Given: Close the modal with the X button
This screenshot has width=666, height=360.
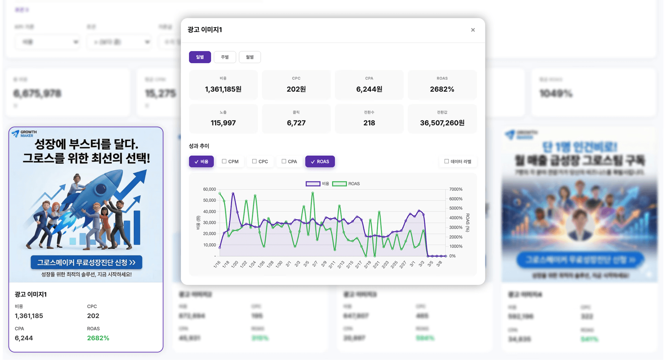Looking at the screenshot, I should [473, 30].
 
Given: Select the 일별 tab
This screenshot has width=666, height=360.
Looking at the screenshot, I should [200, 57].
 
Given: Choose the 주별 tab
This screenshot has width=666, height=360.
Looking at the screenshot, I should [225, 57].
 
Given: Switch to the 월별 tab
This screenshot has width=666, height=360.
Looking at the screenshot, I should [250, 57].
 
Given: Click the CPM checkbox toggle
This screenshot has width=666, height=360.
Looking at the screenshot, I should [230, 162].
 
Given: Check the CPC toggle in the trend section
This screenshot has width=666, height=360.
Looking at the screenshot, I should [260, 162].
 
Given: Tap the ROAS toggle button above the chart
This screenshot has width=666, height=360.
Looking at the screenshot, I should [320, 162].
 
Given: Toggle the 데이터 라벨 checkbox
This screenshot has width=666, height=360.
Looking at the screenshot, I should [458, 162].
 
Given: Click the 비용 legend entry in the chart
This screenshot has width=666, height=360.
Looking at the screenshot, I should [318, 184].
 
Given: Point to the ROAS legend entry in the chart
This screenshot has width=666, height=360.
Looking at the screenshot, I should [346, 184].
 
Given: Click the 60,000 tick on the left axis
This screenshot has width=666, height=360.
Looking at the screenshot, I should [210, 189].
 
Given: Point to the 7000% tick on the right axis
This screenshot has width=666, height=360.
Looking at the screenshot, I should [456, 189].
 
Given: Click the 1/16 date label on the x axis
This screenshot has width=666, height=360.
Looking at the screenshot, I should [217, 264].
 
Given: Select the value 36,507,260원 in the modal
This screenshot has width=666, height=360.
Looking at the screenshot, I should [442, 123].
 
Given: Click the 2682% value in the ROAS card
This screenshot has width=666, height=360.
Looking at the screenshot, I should [442, 89].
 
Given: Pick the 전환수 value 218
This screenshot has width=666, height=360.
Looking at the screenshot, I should [369, 123].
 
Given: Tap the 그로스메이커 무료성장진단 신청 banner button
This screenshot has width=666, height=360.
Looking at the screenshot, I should [86, 262].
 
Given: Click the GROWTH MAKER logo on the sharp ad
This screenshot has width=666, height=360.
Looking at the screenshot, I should [24, 133].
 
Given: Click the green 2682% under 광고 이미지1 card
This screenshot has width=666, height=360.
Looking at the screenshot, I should [98, 338].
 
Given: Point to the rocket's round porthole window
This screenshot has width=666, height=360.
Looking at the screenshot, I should [100, 189].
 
